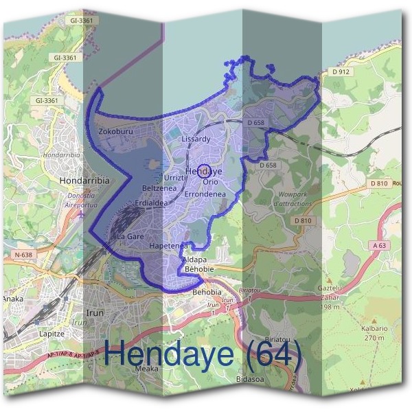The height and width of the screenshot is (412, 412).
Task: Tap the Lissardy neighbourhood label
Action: (x=196, y=139)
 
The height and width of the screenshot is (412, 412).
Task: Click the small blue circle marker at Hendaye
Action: (x=203, y=173)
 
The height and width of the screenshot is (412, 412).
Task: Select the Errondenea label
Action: (x=206, y=194)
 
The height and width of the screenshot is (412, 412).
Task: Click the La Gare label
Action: (x=130, y=236)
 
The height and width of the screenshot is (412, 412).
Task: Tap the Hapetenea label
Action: (x=168, y=245)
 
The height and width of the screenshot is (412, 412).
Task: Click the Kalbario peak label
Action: (x=371, y=330)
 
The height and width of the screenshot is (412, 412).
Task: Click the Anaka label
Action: (x=12, y=299)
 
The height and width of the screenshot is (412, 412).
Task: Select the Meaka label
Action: (x=146, y=369)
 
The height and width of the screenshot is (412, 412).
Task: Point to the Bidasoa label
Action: (x=249, y=379)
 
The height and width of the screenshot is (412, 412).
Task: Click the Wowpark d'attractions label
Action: (x=293, y=199)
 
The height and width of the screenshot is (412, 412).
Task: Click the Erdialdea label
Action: (x=150, y=203)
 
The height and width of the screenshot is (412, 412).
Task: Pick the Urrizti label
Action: (x=176, y=177)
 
